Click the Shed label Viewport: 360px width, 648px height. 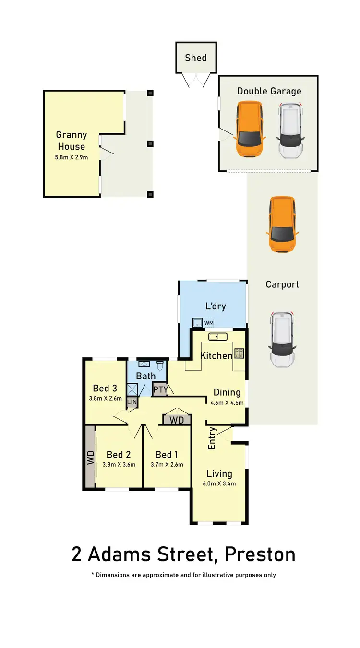[x=196, y=58]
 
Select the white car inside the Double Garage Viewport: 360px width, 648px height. [x=291, y=130]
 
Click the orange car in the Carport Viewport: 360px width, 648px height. [x=282, y=224]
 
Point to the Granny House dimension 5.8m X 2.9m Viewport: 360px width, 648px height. [x=72, y=157]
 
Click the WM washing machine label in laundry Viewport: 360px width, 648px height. [x=209, y=323]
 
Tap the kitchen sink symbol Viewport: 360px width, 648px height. [x=217, y=336]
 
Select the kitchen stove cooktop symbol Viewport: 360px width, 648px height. [x=239, y=354]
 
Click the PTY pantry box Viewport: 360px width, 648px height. [x=160, y=389]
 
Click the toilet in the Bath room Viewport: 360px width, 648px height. [x=161, y=366]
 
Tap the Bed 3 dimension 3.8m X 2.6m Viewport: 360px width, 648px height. [x=106, y=398]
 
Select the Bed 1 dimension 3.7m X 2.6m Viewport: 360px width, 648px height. [x=167, y=464]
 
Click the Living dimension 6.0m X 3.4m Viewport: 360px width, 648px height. [x=219, y=483]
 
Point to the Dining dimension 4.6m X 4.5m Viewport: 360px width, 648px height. [x=227, y=403]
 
